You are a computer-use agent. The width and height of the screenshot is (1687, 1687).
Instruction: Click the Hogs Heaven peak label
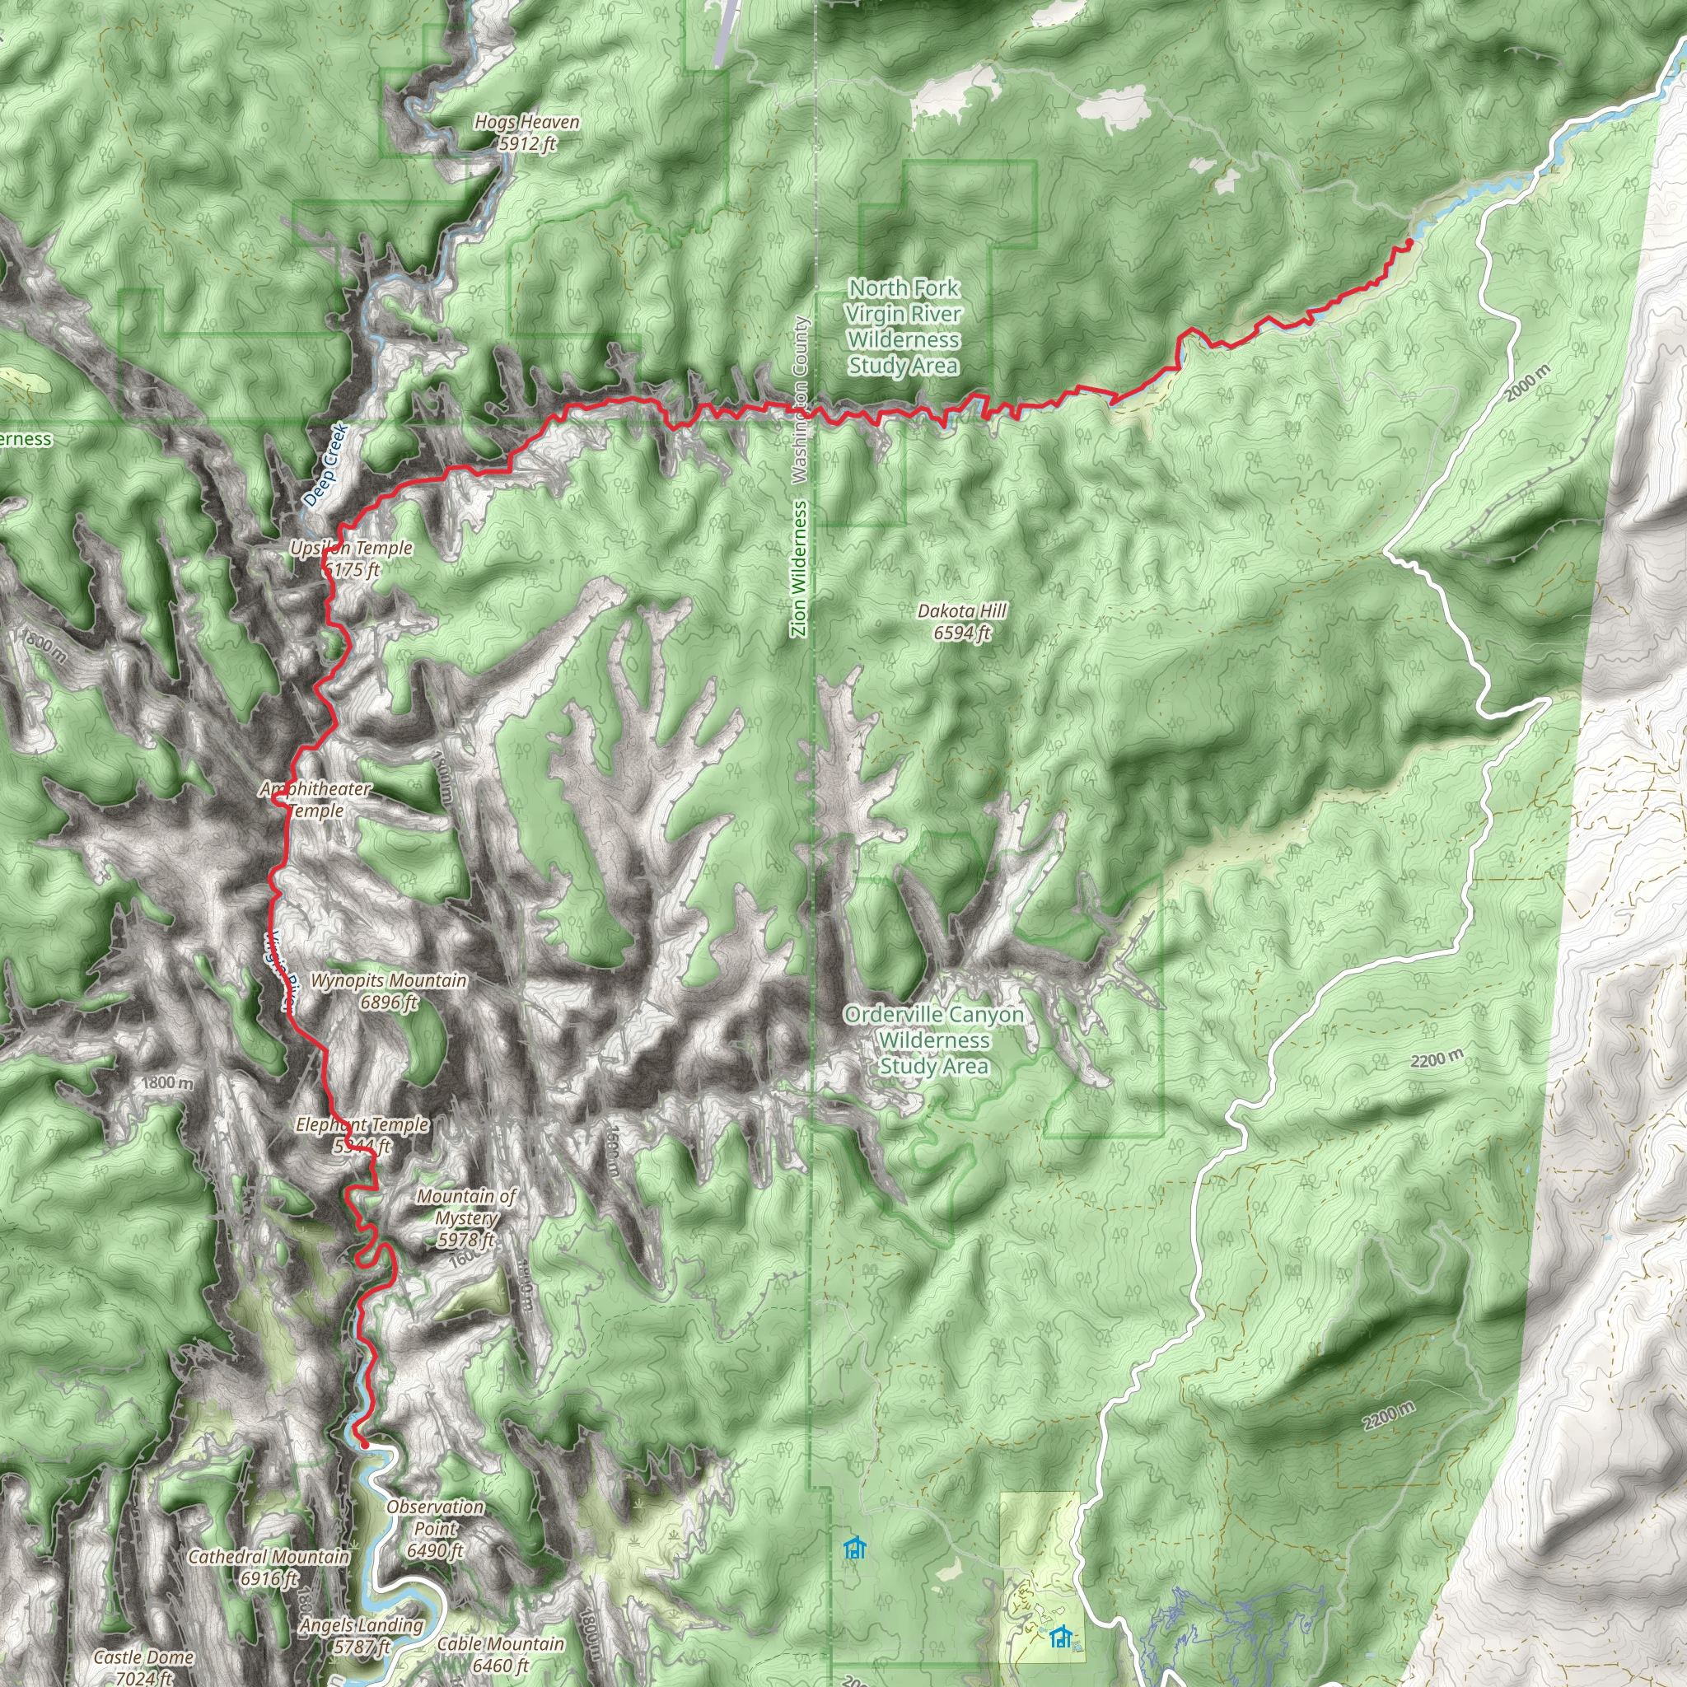pyautogui.click(x=526, y=133)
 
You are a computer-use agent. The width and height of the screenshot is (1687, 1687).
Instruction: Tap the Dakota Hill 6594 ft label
pyautogui.click(x=961, y=621)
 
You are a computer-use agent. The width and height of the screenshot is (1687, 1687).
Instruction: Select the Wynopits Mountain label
pyautogui.click(x=389, y=991)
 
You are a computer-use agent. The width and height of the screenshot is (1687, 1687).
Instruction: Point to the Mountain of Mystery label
pyautogui.click(x=466, y=1217)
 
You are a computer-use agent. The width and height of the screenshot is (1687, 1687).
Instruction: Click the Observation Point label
pyautogui.click(x=435, y=1528)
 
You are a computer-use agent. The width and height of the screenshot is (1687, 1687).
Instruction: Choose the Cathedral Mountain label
pyautogui.click(x=269, y=1567)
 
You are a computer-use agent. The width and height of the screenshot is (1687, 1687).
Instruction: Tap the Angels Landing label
pyautogui.click(x=362, y=1635)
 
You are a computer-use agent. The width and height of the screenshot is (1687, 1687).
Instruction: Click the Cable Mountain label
pyautogui.click(x=500, y=1654)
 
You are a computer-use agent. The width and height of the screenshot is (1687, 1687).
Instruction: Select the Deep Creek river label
pyautogui.click(x=325, y=465)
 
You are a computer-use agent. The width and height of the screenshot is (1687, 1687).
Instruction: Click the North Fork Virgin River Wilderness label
pyautogui.click(x=904, y=325)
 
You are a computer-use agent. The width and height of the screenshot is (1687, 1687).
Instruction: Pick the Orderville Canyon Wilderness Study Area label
pyautogui.click(x=933, y=1040)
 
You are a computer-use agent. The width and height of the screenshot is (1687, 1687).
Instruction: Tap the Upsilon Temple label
pyautogui.click(x=352, y=558)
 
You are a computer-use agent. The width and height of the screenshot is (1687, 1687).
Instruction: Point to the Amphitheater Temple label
pyautogui.click(x=316, y=799)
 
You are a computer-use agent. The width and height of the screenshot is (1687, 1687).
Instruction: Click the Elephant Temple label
pyautogui.click(x=362, y=1134)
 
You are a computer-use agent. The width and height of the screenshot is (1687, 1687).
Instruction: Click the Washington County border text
pyautogui.click(x=799, y=400)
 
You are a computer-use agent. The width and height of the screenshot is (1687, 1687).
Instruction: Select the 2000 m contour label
pyautogui.click(x=1528, y=383)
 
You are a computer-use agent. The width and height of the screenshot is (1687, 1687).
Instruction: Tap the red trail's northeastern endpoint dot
pyautogui.click(x=1409, y=242)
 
